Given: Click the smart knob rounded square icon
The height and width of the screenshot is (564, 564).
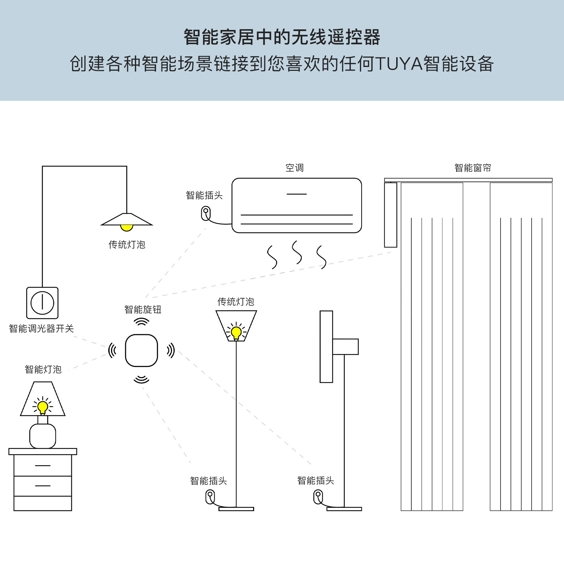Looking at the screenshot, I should (141, 350).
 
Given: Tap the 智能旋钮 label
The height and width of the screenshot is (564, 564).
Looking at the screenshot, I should (143, 309).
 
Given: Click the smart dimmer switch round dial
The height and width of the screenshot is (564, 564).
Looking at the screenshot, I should (42, 303).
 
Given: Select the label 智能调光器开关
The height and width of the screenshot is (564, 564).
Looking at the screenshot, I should (41, 329).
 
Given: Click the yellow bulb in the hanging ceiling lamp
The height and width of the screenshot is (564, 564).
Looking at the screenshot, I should (127, 227).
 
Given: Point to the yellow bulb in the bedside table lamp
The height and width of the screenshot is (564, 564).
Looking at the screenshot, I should (43, 407).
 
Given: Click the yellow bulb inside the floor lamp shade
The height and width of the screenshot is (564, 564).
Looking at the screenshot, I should (236, 332).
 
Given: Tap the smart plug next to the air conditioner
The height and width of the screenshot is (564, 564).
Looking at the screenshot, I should (206, 214).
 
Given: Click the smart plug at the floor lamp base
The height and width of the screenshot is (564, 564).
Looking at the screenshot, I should (210, 497).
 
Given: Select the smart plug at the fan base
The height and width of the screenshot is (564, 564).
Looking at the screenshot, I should (318, 497).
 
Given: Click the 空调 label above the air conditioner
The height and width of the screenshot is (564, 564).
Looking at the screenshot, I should (294, 168).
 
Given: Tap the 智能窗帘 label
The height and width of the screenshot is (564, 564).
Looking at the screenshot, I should (472, 168).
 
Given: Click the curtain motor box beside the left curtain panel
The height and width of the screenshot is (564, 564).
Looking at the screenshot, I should (391, 215).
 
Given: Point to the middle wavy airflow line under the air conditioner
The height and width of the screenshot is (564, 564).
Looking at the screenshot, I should (297, 252).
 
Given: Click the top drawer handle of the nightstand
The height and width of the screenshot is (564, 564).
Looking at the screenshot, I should (43, 466).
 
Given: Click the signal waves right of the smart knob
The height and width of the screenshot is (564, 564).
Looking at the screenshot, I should (171, 350).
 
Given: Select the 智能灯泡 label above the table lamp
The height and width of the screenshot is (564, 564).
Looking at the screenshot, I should (43, 369).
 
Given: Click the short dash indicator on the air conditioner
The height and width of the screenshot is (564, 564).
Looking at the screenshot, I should (296, 194).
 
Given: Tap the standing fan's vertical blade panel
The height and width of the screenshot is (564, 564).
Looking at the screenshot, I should (326, 347).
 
